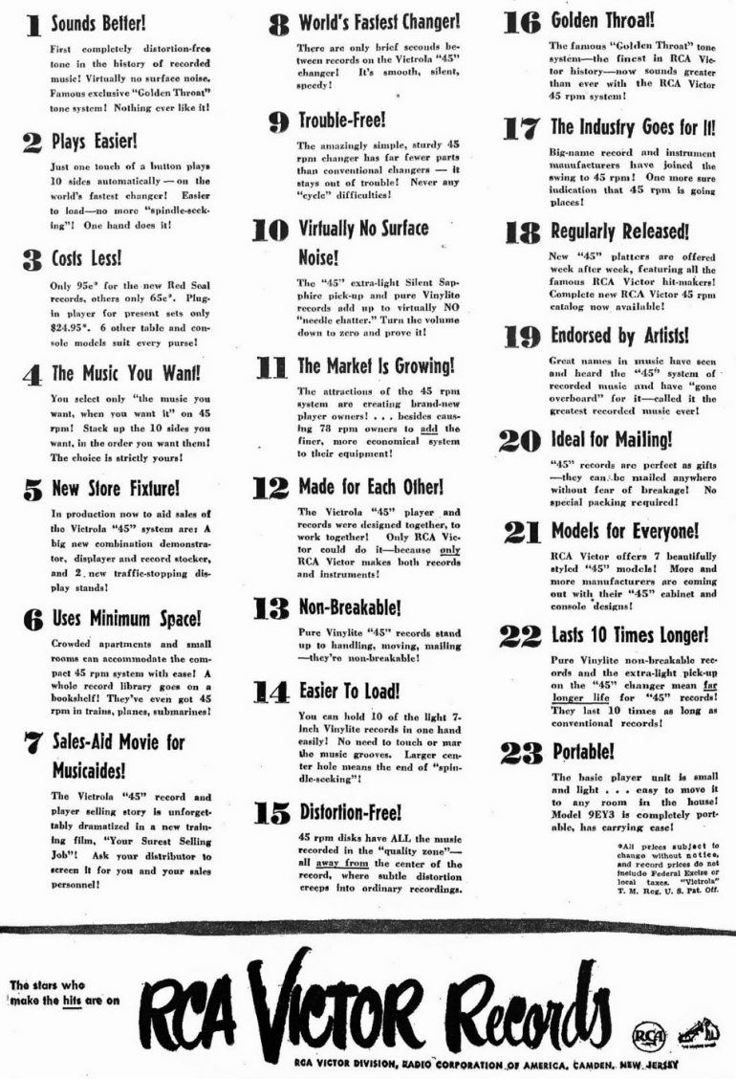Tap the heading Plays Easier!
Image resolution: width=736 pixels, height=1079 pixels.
93,142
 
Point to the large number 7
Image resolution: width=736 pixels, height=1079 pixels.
32,743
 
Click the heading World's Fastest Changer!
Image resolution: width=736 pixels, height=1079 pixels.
379,21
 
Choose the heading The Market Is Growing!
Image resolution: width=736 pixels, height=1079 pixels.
377,365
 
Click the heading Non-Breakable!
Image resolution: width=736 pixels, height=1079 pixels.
350,606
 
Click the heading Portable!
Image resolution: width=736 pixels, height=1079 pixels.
583,751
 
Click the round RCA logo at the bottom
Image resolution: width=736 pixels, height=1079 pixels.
645,1037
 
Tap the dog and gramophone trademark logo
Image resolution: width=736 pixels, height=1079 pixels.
694,1035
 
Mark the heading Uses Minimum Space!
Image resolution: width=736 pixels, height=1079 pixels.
126,619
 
